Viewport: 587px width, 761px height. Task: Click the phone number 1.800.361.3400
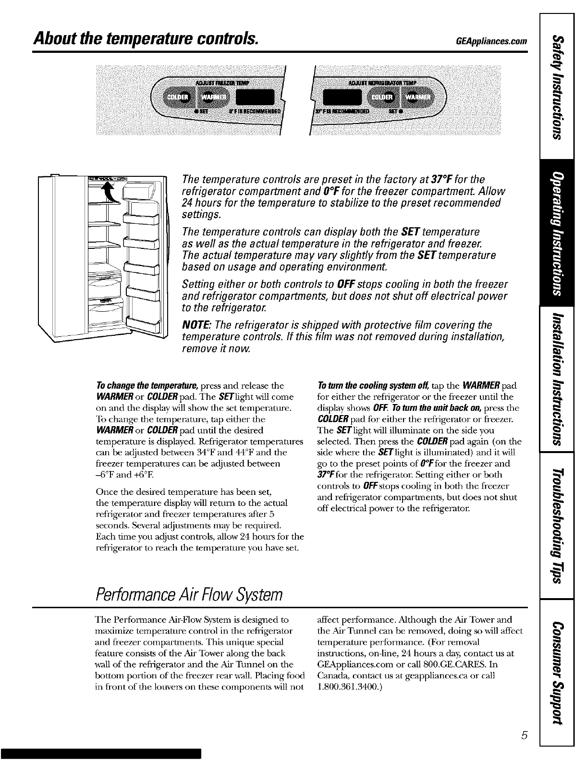351,687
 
